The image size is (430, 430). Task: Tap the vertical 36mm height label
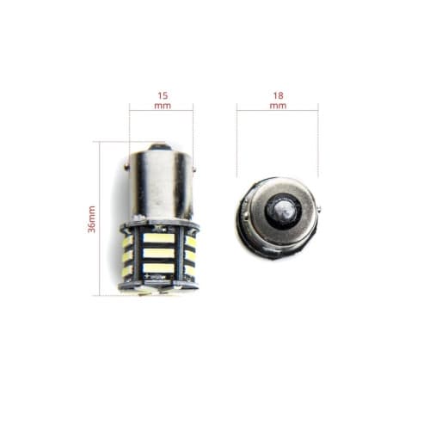click(92, 219)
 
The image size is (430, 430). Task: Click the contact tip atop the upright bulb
click(162, 147)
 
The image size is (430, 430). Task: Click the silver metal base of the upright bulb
click(162, 185)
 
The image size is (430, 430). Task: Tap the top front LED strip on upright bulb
click(160, 238)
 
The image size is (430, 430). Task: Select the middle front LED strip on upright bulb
click(160, 253)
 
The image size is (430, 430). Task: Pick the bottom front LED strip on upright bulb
click(160, 267)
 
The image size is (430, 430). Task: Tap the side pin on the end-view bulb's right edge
click(318, 208)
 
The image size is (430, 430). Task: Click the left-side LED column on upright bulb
click(127, 256)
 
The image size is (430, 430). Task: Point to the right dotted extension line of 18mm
click(317, 142)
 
